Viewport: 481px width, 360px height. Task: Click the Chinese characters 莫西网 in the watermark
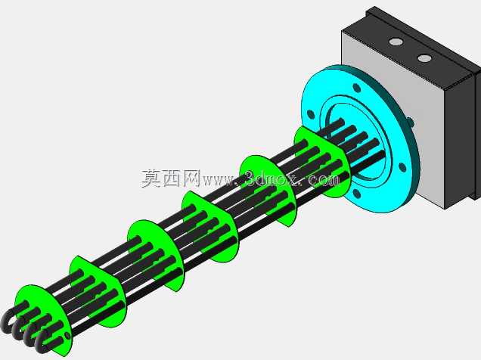point(171,178)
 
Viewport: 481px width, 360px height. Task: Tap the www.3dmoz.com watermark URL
point(271,178)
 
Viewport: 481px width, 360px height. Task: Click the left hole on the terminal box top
point(396,42)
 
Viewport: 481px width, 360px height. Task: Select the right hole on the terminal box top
point(424,58)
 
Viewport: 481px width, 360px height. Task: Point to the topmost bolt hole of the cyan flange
point(357,88)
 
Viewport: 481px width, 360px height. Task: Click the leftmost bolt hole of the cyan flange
point(311,115)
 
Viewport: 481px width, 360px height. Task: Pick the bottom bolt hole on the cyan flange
point(356,194)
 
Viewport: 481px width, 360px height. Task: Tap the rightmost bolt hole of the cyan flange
point(402,167)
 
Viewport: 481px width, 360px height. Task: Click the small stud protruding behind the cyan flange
point(411,122)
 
